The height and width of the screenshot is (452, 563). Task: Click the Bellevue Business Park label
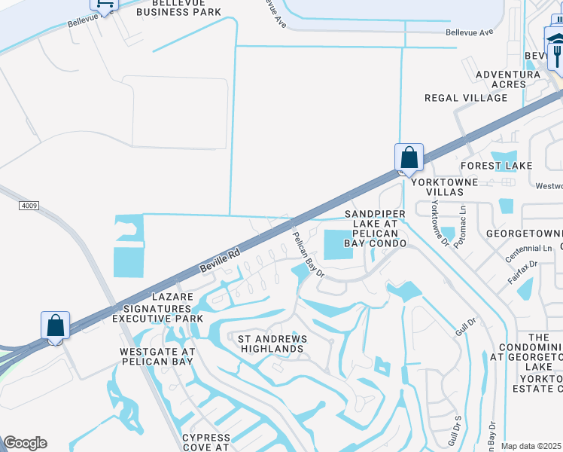(x=179, y=7)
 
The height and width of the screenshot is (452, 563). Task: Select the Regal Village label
(x=466, y=98)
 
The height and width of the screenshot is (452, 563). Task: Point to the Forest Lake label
(x=497, y=166)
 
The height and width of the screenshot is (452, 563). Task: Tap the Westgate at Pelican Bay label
(x=157, y=357)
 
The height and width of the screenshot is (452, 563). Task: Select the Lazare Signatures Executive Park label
(x=157, y=308)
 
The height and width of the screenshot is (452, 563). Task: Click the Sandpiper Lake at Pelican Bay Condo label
(x=375, y=229)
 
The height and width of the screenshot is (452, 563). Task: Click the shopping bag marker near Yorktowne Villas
(x=409, y=158)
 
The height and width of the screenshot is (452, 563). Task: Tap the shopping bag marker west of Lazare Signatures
(x=56, y=326)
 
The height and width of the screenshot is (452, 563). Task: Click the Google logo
(x=25, y=443)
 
